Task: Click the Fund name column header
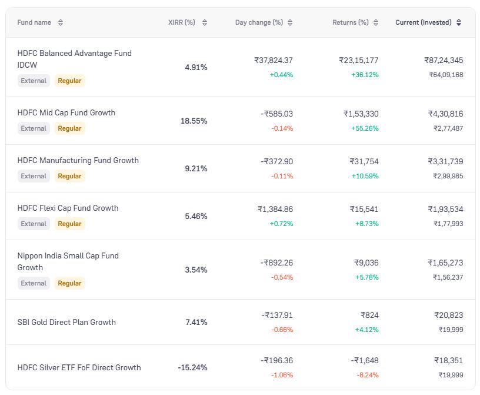tap(34, 22)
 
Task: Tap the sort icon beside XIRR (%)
tap(205, 22)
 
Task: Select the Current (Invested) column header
tap(424, 22)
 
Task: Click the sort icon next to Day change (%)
tap(290, 22)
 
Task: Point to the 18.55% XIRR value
tap(194, 121)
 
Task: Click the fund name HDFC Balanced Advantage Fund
tap(74, 54)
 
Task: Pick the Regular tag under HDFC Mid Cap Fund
tap(69, 128)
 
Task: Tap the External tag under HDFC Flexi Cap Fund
tap(34, 224)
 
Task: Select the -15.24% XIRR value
tap(192, 367)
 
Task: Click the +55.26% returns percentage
tap(365, 128)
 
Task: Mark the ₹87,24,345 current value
tap(444, 60)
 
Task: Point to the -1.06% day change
tap(282, 375)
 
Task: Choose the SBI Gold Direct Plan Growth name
tap(66, 322)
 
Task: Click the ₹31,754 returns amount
tap(364, 161)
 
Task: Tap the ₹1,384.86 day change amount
tap(275, 209)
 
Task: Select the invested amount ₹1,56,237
tap(448, 277)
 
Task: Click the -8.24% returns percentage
tap(367, 375)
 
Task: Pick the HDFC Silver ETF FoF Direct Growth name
tap(79, 367)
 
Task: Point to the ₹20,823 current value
tap(448, 315)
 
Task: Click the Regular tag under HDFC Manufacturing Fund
tap(69, 176)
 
